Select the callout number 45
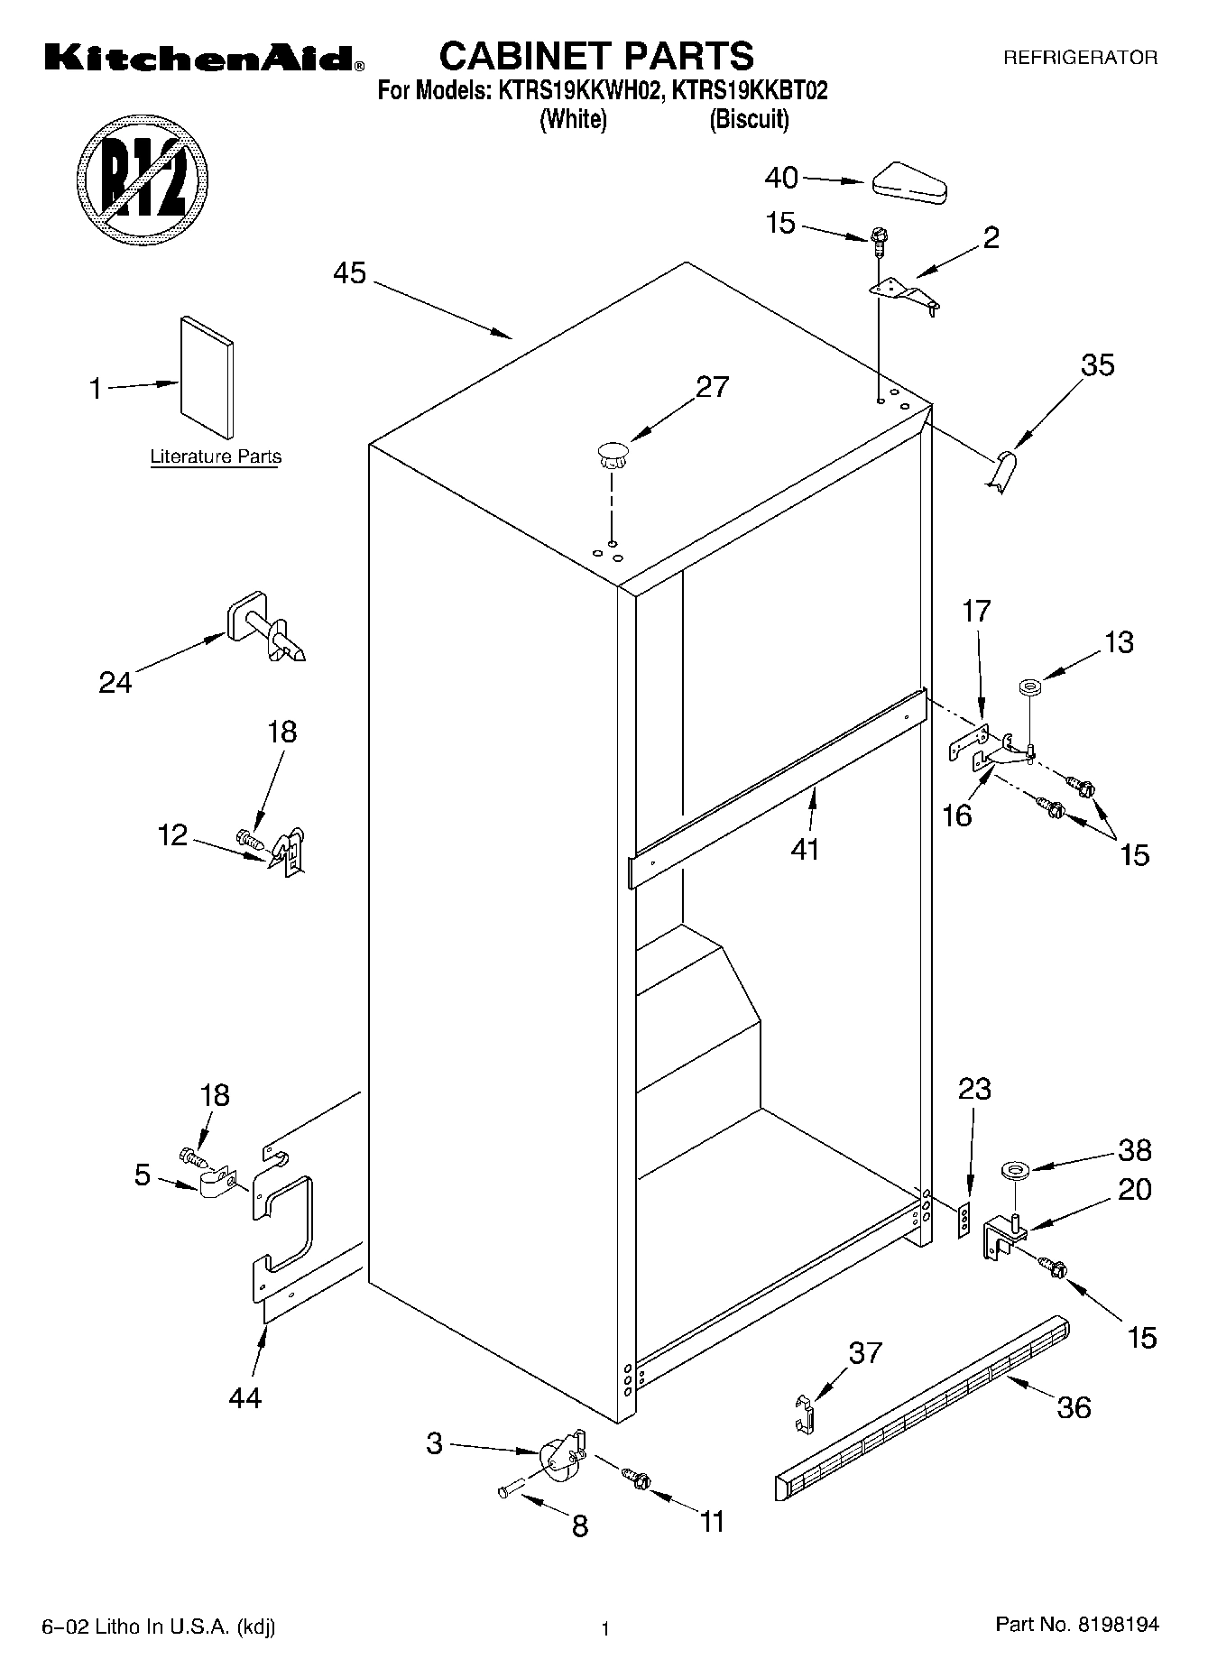coord(350,272)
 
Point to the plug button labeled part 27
coord(611,454)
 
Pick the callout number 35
coord(1097,365)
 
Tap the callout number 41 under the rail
coord(805,849)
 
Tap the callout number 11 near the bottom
coord(713,1522)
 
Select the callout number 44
coord(245,1397)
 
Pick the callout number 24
coord(115,682)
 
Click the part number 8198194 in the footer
coord(1116,1625)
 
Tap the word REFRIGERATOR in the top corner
coord(1080,59)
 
